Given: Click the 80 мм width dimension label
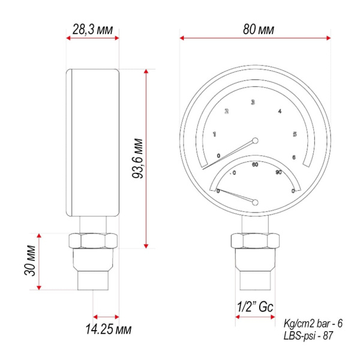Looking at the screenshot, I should (x=256, y=28).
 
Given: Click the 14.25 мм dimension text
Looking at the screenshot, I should (x=107, y=329).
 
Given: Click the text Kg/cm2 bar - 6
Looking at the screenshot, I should (x=313, y=323).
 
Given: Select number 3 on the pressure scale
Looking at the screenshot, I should (x=253, y=103).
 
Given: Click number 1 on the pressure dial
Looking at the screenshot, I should (x=215, y=134).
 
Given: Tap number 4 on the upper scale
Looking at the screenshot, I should (x=280, y=111).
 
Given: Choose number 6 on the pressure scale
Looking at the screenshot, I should (x=293, y=157).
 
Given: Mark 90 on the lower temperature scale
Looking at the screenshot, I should (x=278, y=173).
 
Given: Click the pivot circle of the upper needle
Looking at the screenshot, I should (x=256, y=141).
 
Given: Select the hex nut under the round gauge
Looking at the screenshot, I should (x=255, y=242).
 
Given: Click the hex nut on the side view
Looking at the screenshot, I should (x=93, y=242).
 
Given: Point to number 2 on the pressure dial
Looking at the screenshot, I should (x=227, y=111).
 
